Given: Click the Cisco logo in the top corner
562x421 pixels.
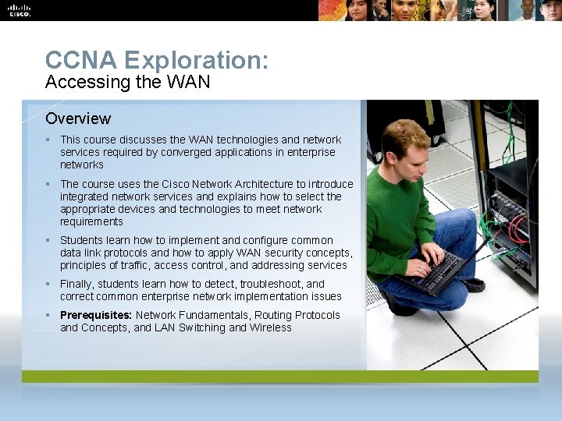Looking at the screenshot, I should tap(19, 10).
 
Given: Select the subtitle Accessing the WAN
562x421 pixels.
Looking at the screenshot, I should tap(127, 81).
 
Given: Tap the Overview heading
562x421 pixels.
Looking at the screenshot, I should tap(78, 119).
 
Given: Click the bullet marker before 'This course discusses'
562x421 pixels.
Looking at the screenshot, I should tap(48, 140).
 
